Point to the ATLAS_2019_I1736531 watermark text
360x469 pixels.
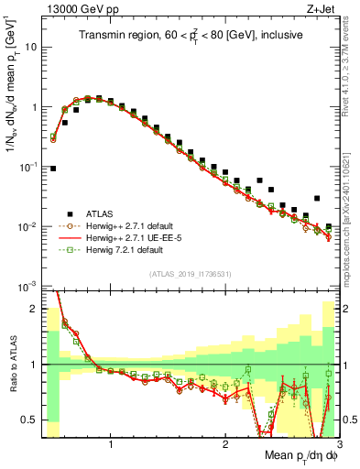191,275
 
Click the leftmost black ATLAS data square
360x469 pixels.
54,169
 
